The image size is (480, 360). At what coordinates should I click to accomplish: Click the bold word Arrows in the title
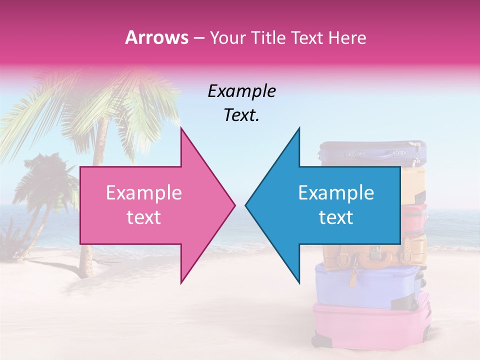[156, 37]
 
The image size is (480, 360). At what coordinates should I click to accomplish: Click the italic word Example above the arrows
[241, 91]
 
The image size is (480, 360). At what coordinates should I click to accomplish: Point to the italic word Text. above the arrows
[241, 115]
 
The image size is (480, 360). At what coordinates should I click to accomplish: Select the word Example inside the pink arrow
[144, 193]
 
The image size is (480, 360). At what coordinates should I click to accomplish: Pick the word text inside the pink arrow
[144, 217]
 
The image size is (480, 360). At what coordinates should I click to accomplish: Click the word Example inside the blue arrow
[336, 193]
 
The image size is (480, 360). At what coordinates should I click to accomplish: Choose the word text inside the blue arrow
[336, 217]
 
